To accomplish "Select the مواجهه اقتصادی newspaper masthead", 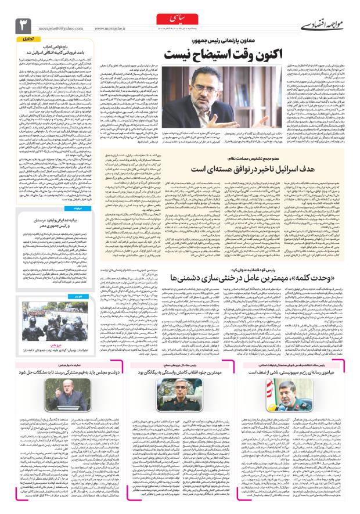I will (x=322, y=25).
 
